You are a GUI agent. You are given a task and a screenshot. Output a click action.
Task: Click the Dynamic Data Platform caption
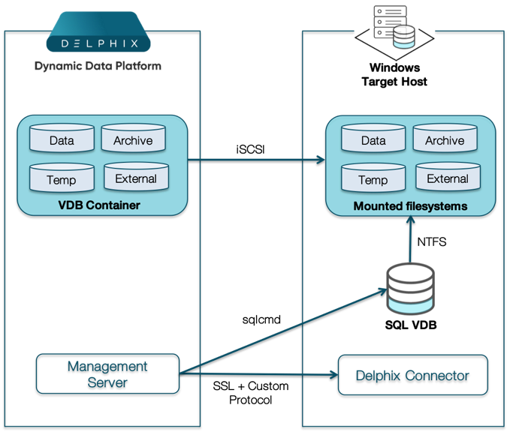click(x=98, y=66)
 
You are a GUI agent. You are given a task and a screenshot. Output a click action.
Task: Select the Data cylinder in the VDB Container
click(x=62, y=139)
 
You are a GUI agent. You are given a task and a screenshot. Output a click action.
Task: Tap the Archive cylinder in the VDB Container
click(x=133, y=139)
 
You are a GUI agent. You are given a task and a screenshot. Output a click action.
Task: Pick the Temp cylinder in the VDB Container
click(x=62, y=179)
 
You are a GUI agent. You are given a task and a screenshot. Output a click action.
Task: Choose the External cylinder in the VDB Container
click(x=136, y=178)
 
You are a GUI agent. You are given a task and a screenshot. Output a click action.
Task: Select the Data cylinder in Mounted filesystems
click(x=373, y=139)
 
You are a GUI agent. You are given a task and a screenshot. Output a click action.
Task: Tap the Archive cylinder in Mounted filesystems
click(x=445, y=139)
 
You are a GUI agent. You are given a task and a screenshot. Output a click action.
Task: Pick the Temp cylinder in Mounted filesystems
click(x=373, y=179)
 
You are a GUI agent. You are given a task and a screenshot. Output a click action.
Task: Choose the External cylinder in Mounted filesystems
click(x=448, y=178)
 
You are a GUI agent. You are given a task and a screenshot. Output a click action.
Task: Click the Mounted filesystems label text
click(x=410, y=205)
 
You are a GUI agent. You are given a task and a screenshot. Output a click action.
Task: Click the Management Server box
click(x=107, y=373)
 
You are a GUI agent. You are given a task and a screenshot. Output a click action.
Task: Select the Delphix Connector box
click(x=412, y=375)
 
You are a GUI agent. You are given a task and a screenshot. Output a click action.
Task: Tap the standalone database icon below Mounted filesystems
click(x=410, y=289)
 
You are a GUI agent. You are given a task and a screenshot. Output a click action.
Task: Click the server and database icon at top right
click(x=394, y=30)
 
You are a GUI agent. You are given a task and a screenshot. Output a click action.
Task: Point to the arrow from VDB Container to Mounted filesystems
click(x=255, y=159)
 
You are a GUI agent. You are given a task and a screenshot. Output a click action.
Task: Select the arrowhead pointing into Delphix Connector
click(x=332, y=374)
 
